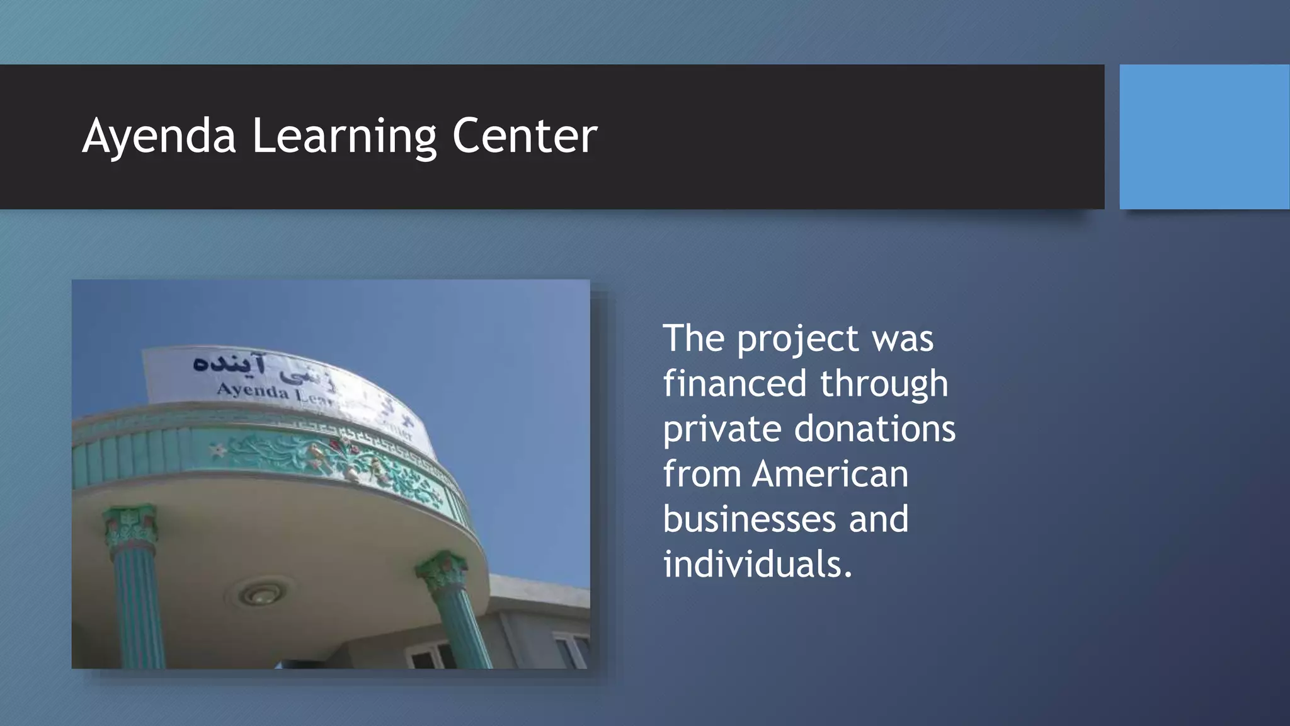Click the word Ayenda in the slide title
159,136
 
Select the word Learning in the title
344,136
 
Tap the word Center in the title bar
525,136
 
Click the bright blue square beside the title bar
1204,137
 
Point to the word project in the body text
797,340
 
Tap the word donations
875,429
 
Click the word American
830,474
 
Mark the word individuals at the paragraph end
757,564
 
